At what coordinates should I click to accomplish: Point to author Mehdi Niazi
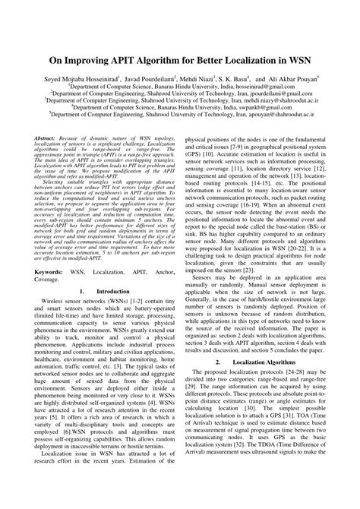pos(211,78)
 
